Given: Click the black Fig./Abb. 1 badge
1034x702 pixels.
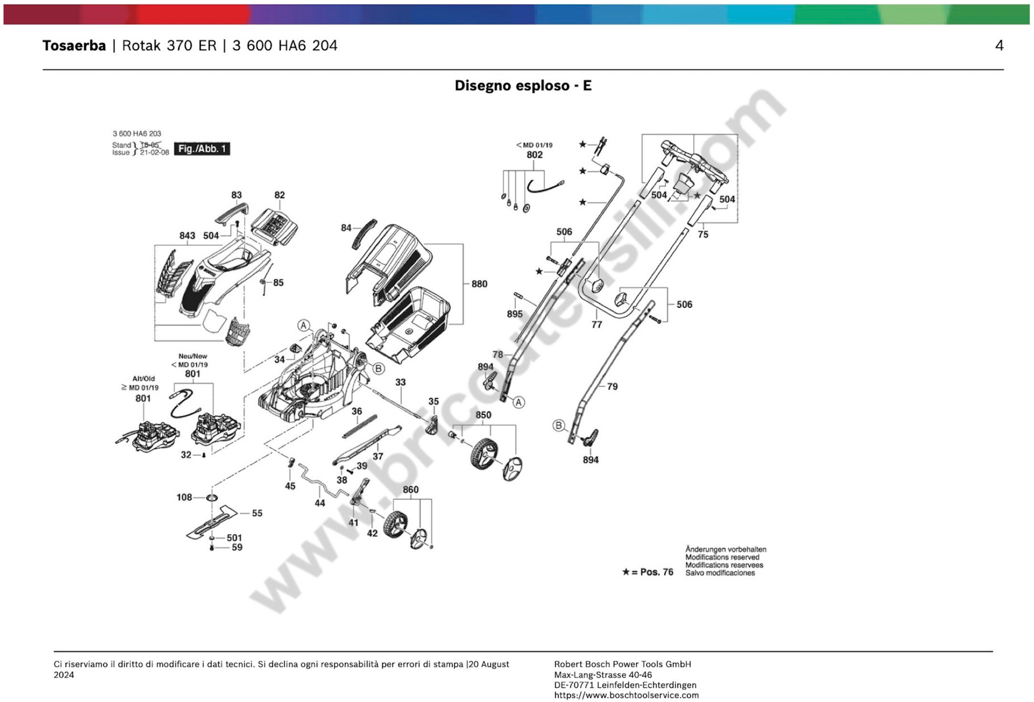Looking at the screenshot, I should click(202, 149).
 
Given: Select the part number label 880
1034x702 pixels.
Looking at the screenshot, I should click(479, 284).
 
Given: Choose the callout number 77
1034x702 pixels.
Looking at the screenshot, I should click(597, 325).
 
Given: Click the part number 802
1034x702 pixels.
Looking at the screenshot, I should click(534, 155).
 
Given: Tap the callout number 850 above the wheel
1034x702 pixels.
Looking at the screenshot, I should click(483, 415).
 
